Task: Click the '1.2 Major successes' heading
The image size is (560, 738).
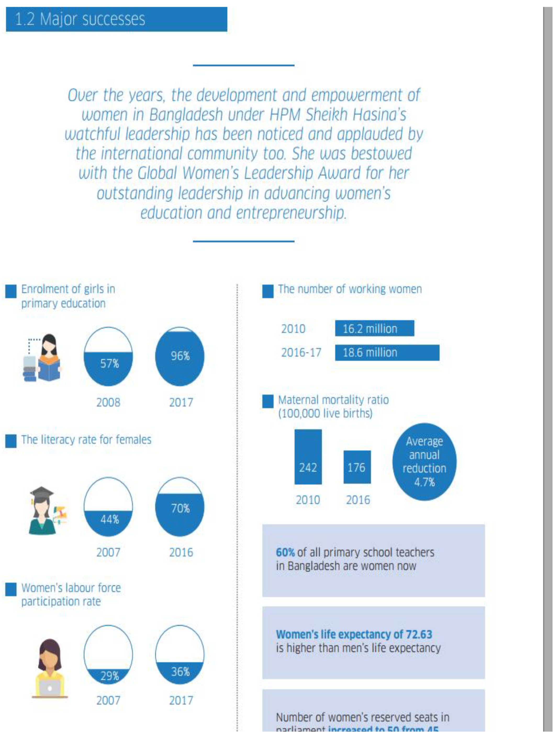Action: [x=80, y=19]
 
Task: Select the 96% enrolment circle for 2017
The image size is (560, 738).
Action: [x=180, y=356]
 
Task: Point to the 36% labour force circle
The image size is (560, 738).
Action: [x=180, y=655]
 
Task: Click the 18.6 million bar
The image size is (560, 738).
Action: [x=387, y=353]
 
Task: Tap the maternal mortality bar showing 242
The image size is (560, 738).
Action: [x=308, y=457]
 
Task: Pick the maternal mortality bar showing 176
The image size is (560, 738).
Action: [x=357, y=467]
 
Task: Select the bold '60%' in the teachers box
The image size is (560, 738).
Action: [x=285, y=552]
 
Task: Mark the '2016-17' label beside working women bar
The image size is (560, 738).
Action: [x=301, y=353]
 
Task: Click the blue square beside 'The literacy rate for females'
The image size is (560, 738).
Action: [x=11, y=441]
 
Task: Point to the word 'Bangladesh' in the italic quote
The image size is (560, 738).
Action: [x=186, y=115]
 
